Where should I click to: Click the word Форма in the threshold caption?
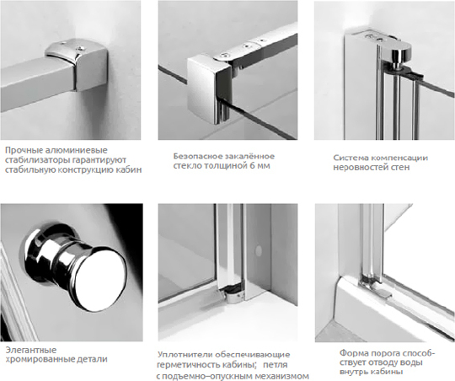(349, 353)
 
